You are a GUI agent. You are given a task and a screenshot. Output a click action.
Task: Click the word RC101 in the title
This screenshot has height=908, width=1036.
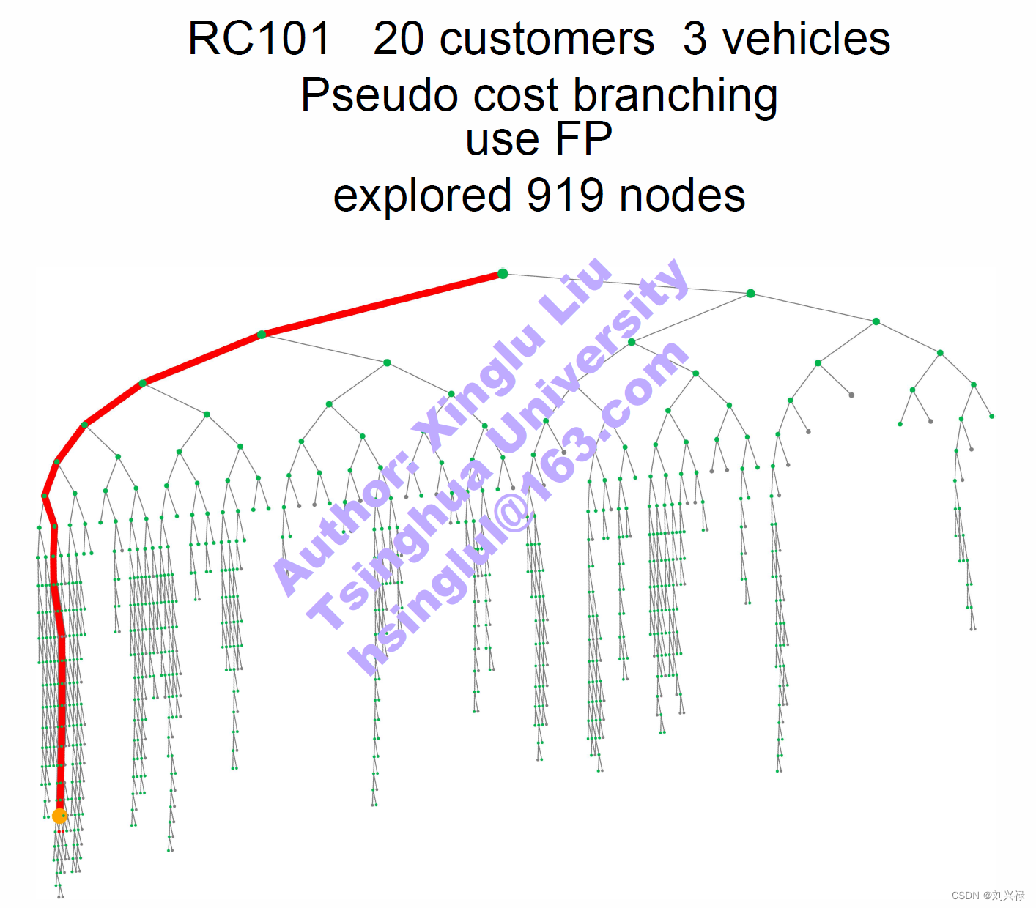tap(259, 38)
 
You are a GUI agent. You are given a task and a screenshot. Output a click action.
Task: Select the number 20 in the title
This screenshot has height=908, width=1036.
tap(399, 38)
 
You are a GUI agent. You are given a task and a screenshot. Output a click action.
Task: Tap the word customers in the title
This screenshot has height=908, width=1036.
tap(547, 38)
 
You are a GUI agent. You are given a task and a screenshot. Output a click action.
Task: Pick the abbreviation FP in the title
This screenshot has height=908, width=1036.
tap(583, 138)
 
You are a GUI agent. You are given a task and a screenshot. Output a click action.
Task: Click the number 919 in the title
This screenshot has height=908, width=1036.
tap(565, 196)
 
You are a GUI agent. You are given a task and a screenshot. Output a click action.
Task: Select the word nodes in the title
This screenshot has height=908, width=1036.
tap(682, 196)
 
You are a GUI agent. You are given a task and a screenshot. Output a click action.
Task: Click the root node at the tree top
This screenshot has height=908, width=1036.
tap(503, 274)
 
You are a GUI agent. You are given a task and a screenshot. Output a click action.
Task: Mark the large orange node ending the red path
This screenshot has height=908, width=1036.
tap(59, 816)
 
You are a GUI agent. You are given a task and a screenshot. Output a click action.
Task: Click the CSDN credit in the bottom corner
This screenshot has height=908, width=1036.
tap(988, 895)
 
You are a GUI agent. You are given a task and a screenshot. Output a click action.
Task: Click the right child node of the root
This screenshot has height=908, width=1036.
tap(750, 294)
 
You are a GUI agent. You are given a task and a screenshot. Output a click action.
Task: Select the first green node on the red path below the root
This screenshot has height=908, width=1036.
tap(262, 335)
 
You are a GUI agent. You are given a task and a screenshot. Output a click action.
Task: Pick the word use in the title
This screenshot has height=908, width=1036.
tap(503, 138)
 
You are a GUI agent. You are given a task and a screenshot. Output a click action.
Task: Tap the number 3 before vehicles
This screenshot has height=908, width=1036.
tap(695, 38)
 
